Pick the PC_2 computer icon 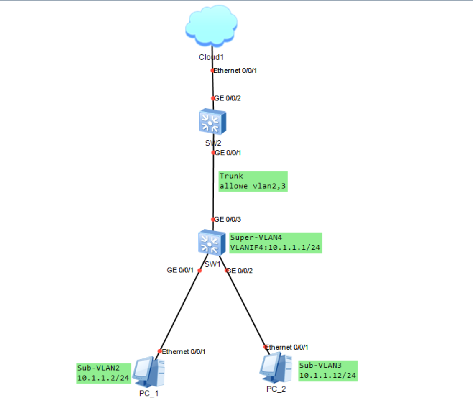pyautogui.click(x=275, y=368)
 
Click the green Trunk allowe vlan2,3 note pyautogui.click(x=253, y=181)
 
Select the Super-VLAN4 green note pyautogui.click(x=275, y=243)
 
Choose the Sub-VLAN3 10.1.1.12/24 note pyautogui.click(x=327, y=371)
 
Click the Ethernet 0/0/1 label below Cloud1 pyautogui.click(x=235, y=70)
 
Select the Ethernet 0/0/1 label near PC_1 pyautogui.click(x=184, y=351)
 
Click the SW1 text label pyautogui.click(x=212, y=264)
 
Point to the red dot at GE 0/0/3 pyautogui.click(x=212, y=219)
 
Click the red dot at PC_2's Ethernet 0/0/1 pyautogui.click(x=265, y=347)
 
